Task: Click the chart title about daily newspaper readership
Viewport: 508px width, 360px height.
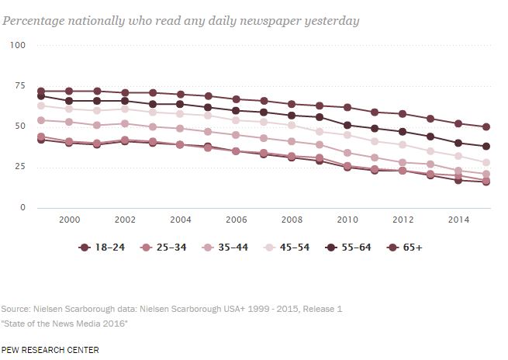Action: tap(181, 21)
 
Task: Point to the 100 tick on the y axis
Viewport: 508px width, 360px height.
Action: tap(17, 46)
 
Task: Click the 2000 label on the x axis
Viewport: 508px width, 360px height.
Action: tap(70, 220)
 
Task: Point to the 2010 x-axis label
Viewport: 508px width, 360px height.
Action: tap(347, 220)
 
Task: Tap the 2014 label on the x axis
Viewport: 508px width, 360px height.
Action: tap(458, 220)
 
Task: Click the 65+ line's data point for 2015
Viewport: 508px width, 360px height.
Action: tap(486, 126)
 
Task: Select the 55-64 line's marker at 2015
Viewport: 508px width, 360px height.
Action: tap(486, 147)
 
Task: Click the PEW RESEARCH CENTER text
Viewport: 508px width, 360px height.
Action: tap(50, 350)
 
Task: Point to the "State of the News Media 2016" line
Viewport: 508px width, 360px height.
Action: tap(65, 322)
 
